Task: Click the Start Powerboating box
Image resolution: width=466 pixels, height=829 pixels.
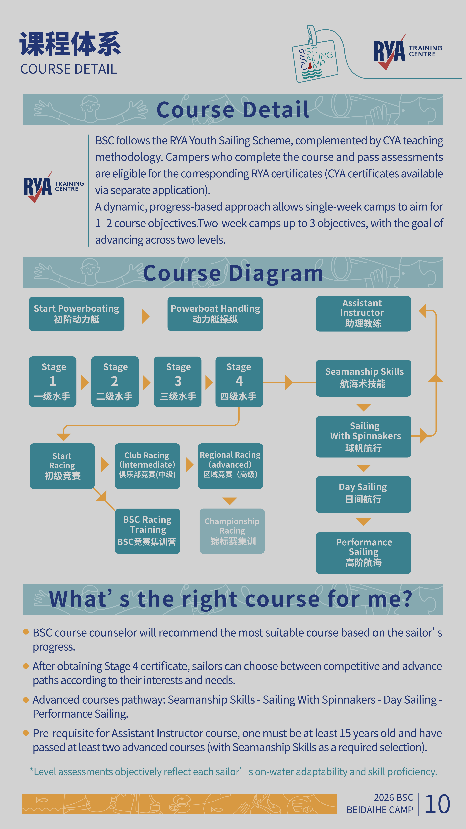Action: pos(77,314)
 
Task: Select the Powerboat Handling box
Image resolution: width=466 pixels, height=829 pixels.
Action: pos(215,314)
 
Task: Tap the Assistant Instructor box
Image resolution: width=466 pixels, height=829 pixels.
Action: pos(363,314)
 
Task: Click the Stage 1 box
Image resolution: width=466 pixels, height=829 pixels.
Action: pos(53,382)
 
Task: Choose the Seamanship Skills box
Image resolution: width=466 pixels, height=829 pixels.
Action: pos(363,378)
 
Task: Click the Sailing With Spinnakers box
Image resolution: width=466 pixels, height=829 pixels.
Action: pos(363,437)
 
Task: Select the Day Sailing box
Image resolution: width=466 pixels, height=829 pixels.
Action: pos(363,495)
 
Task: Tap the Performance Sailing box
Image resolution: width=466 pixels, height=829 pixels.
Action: pos(363,553)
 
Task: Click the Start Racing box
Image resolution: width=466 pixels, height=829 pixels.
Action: pos(62,466)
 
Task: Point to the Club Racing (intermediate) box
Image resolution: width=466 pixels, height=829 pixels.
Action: pos(147,466)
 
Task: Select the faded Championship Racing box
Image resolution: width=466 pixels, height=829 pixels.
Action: pos(232,531)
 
